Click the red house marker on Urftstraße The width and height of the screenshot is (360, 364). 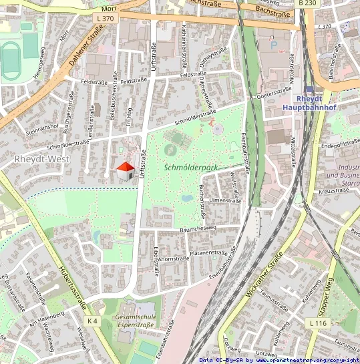click(x=125, y=171)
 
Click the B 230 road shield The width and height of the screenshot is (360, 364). click(x=307, y=3)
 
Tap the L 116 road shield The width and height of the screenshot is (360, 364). click(x=317, y=323)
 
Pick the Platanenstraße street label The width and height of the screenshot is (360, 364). click(x=209, y=253)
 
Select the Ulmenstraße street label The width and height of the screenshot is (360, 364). click(x=224, y=200)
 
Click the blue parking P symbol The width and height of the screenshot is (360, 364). click(x=273, y=44)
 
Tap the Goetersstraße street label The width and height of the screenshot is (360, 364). click(x=274, y=96)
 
